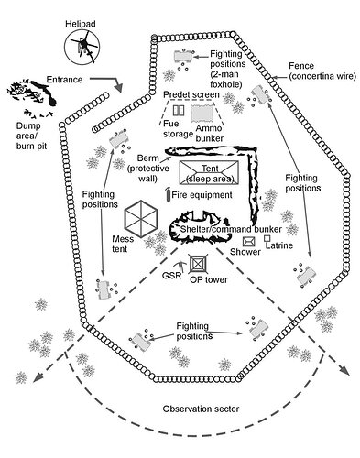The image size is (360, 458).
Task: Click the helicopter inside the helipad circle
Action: click(84, 47)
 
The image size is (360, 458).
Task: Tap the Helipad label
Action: click(81, 24)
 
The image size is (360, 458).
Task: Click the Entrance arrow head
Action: click(118, 88)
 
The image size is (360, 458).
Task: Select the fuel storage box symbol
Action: click(179, 111)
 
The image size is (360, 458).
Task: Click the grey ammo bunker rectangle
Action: click(202, 114)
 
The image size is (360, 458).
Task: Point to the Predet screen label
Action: click(191, 94)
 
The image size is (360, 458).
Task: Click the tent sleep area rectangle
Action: click(209, 172)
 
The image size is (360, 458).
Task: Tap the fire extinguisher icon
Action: click(168, 194)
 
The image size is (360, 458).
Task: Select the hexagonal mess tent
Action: click(141, 218)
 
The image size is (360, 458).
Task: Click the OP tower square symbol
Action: click(199, 264)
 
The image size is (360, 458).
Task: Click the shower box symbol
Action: click(249, 242)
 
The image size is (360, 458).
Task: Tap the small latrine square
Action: click(267, 238)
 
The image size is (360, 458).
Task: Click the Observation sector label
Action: click(201, 409)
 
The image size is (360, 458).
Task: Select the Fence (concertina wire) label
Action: click(322, 71)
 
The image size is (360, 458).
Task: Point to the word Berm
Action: click(148, 158)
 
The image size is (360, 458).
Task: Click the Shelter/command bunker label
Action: click(231, 229)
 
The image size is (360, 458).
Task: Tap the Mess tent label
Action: click(123, 244)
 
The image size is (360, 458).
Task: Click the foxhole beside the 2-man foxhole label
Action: click(183, 57)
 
